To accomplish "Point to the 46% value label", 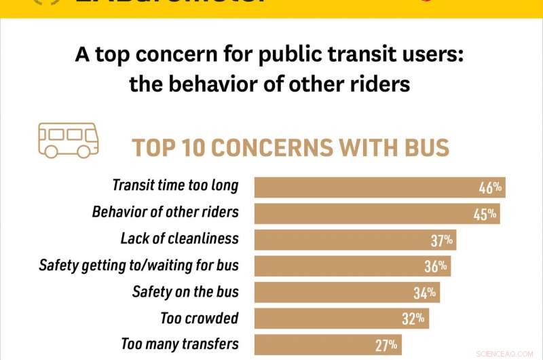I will click(489, 187).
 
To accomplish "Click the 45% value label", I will click(485, 214).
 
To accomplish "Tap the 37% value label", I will click(441, 240).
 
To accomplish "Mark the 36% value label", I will click(435, 266).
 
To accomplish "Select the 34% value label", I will click(426, 293).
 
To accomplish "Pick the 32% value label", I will click(413, 319).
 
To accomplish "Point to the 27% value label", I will click(386, 344).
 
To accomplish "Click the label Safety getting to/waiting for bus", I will click(138, 266).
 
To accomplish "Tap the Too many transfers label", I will click(180, 344).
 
